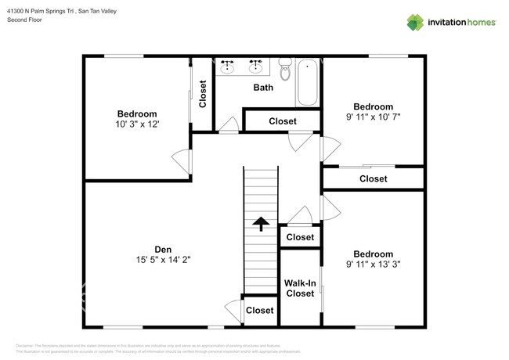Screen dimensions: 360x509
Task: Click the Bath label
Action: [x=263, y=87]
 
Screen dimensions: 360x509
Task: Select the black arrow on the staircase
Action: [x=260, y=225]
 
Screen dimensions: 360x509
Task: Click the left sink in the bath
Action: [x=228, y=67]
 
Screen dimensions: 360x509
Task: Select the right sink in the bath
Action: [x=256, y=67]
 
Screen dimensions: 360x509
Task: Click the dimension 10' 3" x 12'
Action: [x=137, y=124]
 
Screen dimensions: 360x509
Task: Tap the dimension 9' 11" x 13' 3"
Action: [x=373, y=264]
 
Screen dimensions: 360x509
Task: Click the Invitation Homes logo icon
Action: [x=415, y=22]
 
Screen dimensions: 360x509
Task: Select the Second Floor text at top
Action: [x=25, y=20]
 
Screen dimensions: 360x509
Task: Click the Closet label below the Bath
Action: [x=282, y=121]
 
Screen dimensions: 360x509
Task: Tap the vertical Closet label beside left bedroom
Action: [x=203, y=94]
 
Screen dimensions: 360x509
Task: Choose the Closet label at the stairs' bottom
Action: [x=260, y=310]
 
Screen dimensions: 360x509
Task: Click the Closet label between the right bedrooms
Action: [x=373, y=178]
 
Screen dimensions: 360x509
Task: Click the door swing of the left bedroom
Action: [x=182, y=162]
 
